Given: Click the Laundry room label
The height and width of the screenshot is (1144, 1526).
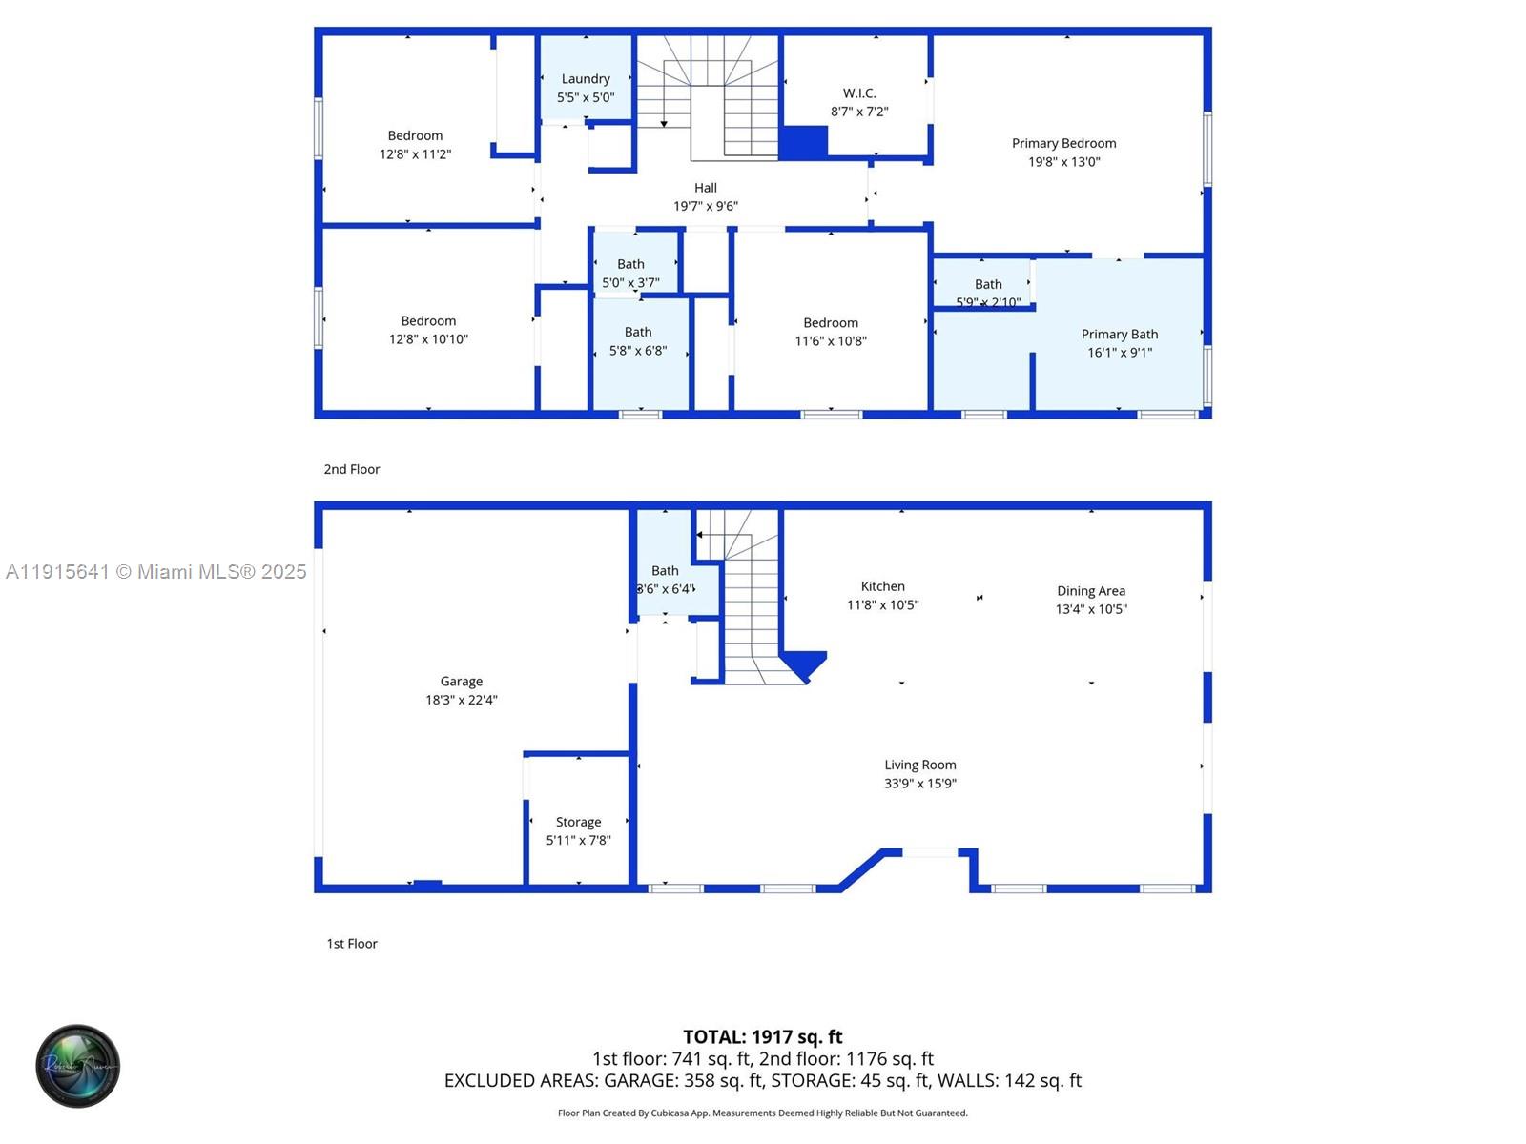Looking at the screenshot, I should (x=585, y=79).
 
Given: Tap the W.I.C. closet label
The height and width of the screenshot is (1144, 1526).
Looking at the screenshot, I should (x=858, y=93).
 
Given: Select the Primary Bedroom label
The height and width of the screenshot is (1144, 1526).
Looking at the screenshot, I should (x=1063, y=144).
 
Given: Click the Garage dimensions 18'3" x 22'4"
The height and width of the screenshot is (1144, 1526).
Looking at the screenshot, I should (x=461, y=700).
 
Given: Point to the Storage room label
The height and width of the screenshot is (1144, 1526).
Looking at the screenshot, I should (x=578, y=822).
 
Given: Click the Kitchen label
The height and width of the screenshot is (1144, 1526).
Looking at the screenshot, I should (x=882, y=586).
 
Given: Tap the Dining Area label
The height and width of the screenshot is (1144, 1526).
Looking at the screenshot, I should (x=1090, y=591).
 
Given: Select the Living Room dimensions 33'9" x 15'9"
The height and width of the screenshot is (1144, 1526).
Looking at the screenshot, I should (x=919, y=784).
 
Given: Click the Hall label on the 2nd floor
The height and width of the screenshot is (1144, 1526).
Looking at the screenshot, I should (x=705, y=188).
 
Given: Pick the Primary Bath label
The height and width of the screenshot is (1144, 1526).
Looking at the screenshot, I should (x=1119, y=335).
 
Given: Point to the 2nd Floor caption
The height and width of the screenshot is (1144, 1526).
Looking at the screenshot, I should (x=351, y=469).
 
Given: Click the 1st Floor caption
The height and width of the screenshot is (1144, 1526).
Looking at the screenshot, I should (x=352, y=944).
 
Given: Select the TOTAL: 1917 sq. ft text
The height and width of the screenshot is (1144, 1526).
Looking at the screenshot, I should (x=762, y=1036).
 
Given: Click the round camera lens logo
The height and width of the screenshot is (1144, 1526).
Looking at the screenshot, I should (x=77, y=1066).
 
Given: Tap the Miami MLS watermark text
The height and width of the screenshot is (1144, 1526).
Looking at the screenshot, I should (x=156, y=572).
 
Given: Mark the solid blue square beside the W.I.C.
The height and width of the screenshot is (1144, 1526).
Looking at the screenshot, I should (x=803, y=142).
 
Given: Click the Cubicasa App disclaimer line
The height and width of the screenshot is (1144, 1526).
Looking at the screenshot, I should (x=762, y=1113).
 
